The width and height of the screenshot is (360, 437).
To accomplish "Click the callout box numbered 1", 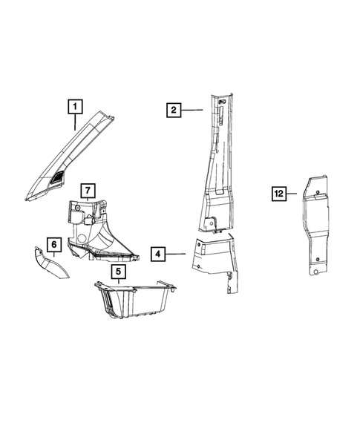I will (75, 107).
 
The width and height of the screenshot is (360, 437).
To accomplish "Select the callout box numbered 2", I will (172, 111).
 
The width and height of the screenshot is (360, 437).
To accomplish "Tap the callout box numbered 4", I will (157, 254).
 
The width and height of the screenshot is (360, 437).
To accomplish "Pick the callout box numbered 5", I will (117, 272).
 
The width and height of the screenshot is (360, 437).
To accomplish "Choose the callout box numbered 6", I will (53, 243).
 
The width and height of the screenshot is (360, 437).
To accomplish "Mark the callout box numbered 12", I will (278, 194).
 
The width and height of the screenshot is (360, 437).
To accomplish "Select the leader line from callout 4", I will (175, 254).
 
